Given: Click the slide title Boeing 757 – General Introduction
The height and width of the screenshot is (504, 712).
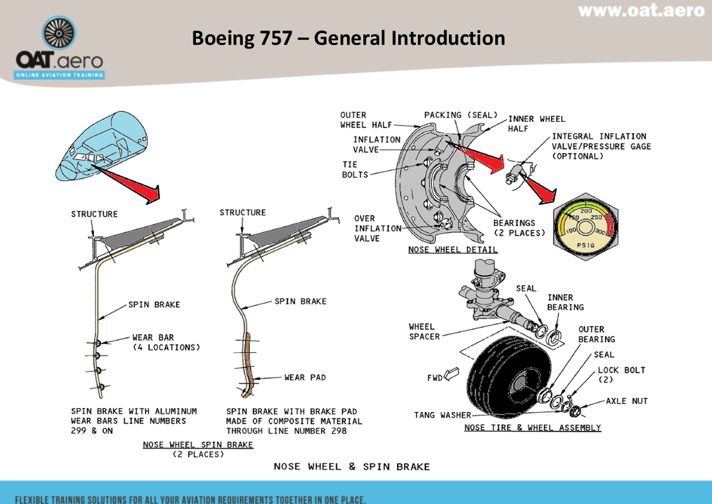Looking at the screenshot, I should coord(348,38).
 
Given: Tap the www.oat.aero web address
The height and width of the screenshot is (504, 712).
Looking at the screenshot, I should coord(641,11).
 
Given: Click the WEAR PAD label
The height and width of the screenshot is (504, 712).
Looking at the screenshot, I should coord(305,378).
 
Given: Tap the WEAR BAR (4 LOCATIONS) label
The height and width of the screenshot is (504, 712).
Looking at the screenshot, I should coord(166,343).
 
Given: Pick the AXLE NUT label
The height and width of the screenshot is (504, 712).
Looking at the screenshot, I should coord(626,401).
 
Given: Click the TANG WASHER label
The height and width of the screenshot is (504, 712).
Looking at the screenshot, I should coord(443,415).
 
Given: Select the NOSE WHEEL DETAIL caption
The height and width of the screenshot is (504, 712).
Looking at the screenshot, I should coord(453,249).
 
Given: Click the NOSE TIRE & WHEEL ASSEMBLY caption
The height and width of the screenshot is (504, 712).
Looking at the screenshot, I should coord(533,428).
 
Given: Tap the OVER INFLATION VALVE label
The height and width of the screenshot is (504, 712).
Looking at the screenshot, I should coord(377,229).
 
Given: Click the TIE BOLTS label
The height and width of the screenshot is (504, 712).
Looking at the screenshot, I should coord(355,169).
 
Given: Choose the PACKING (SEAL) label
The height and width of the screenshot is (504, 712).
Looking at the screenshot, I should coord(461,115).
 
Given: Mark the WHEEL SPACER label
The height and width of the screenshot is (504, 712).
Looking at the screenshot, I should coord(424,332).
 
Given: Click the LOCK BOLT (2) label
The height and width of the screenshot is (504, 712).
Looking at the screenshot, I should coord(621,375).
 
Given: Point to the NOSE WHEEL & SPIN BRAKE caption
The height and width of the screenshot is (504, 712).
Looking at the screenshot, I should coord(352,467).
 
